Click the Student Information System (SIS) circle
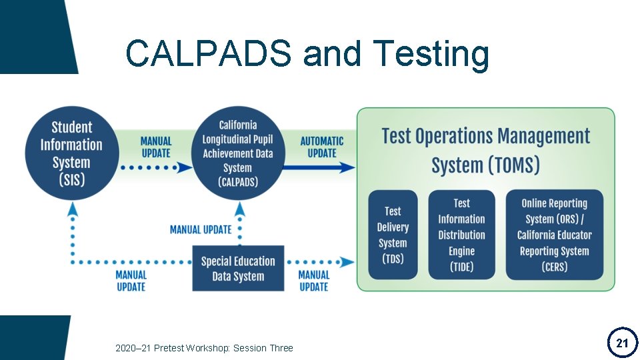pyautogui.click(x=72, y=153)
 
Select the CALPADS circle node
pyautogui.click(x=238, y=153)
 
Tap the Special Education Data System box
pyautogui.click(x=238, y=269)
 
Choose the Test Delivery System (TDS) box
pyautogui.click(x=393, y=235)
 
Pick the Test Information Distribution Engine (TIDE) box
pyautogui.click(x=461, y=235)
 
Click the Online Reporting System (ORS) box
pyautogui.click(x=554, y=235)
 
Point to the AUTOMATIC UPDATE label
pyautogui.click(x=322, y=147)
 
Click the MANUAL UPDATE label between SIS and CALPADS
pyautogui.click(x=156, y=147)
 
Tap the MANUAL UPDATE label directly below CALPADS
pyautogui.click(x=201, y=229)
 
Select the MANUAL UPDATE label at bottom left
pyautogui.click(x=131, y=281)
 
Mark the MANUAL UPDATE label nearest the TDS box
pyautogui.click(x=313, y=281)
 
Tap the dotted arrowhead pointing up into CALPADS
pyautogui.click(x=239, y=209)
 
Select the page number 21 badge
pyautogui.click(x=621, y=343)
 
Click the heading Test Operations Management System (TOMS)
pyautogui.click(x=485, y=150)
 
